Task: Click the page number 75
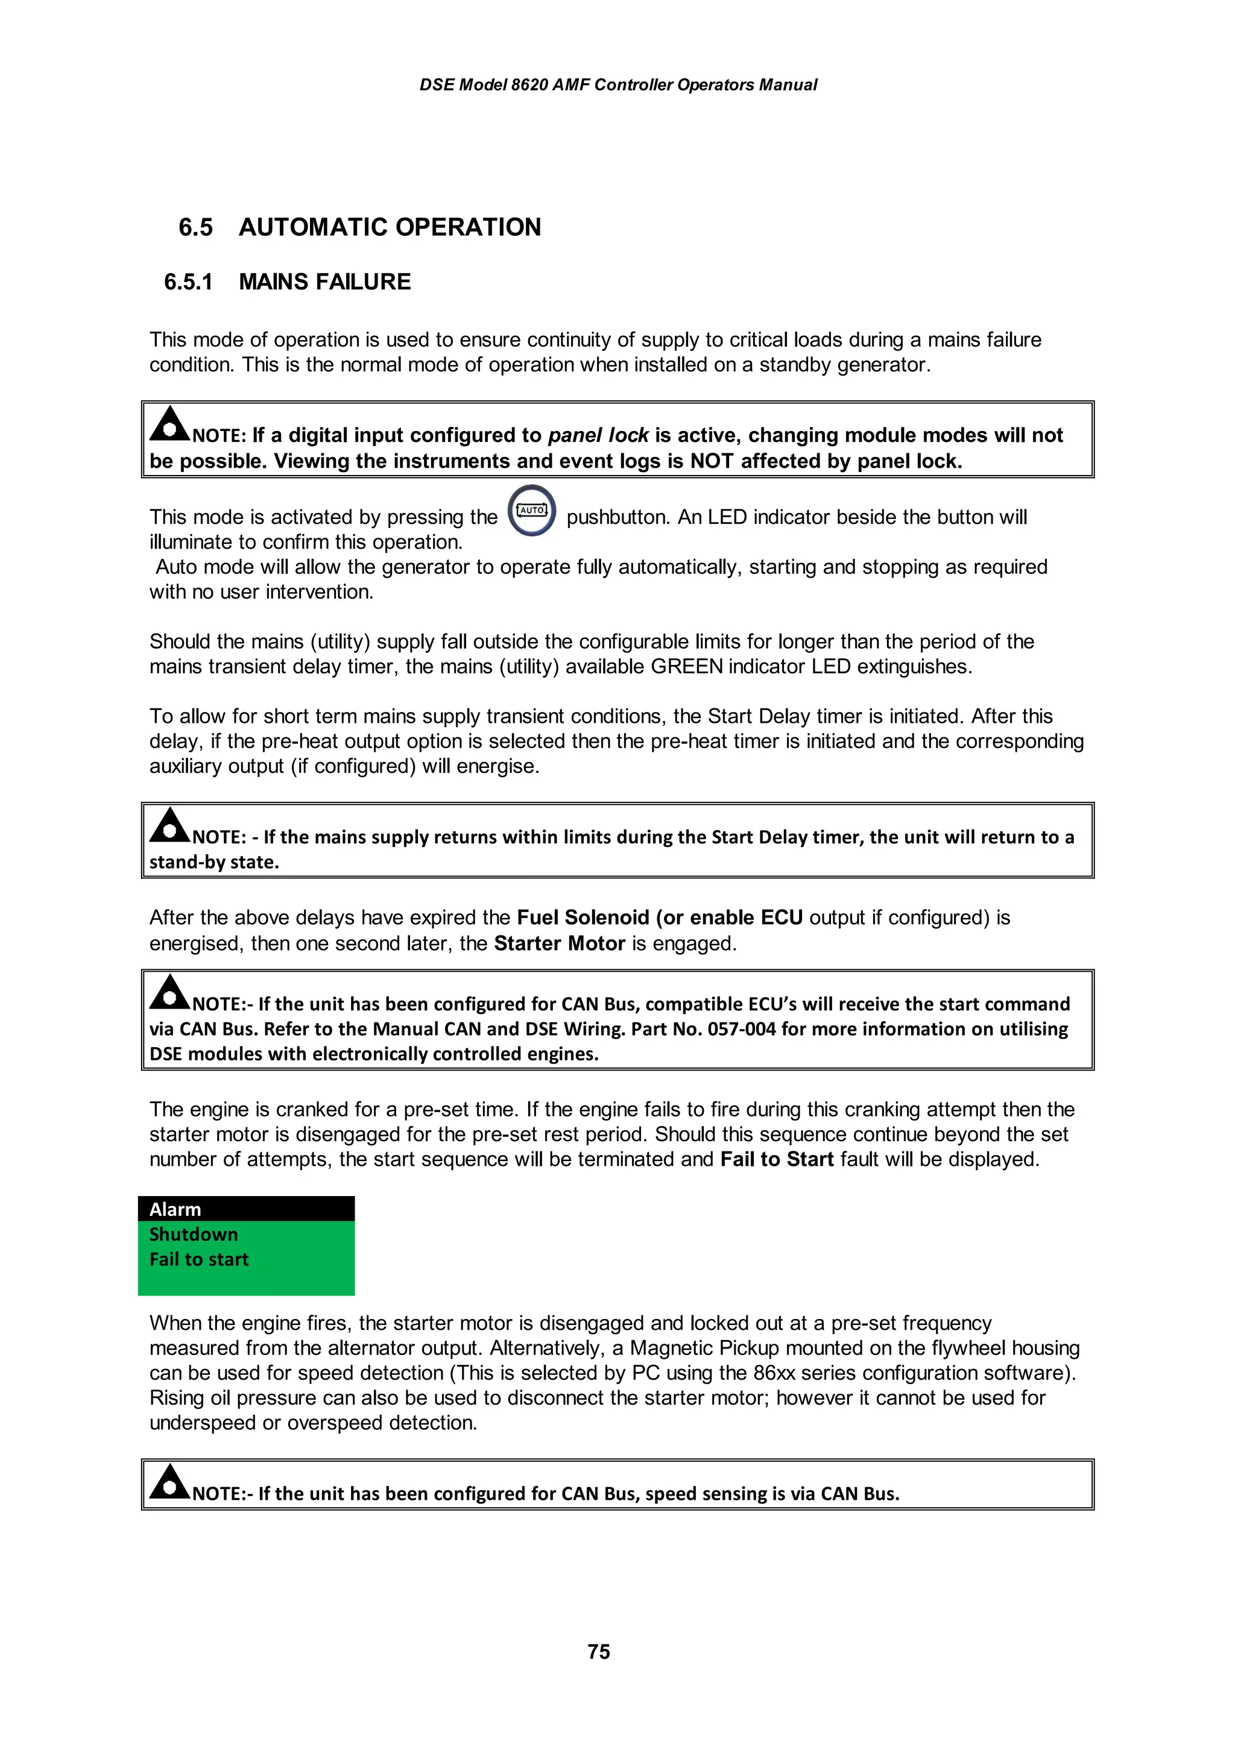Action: [x=598, y=1651]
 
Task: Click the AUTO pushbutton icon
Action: [x=532, y=511]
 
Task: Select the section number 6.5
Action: [x=195, y=227]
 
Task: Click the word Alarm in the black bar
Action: [x=175, y=1209]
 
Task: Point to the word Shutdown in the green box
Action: [x=194, y=1234]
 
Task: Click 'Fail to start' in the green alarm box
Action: [x=198, y=1259]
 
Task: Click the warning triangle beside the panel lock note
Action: [x=169, y=424]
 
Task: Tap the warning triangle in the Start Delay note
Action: [x=169, y=825]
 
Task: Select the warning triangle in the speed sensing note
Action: [x=169, y=1482]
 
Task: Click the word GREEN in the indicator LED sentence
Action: [x=686, y=667]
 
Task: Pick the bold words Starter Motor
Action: [x=559, y=943]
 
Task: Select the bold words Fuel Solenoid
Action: [x=583, y=918]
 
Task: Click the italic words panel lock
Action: [x=598, y=435]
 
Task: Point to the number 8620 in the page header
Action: [x=529, y=85]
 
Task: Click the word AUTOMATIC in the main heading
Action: [x=313, y=227]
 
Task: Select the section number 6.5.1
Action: [x=188, y=282]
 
